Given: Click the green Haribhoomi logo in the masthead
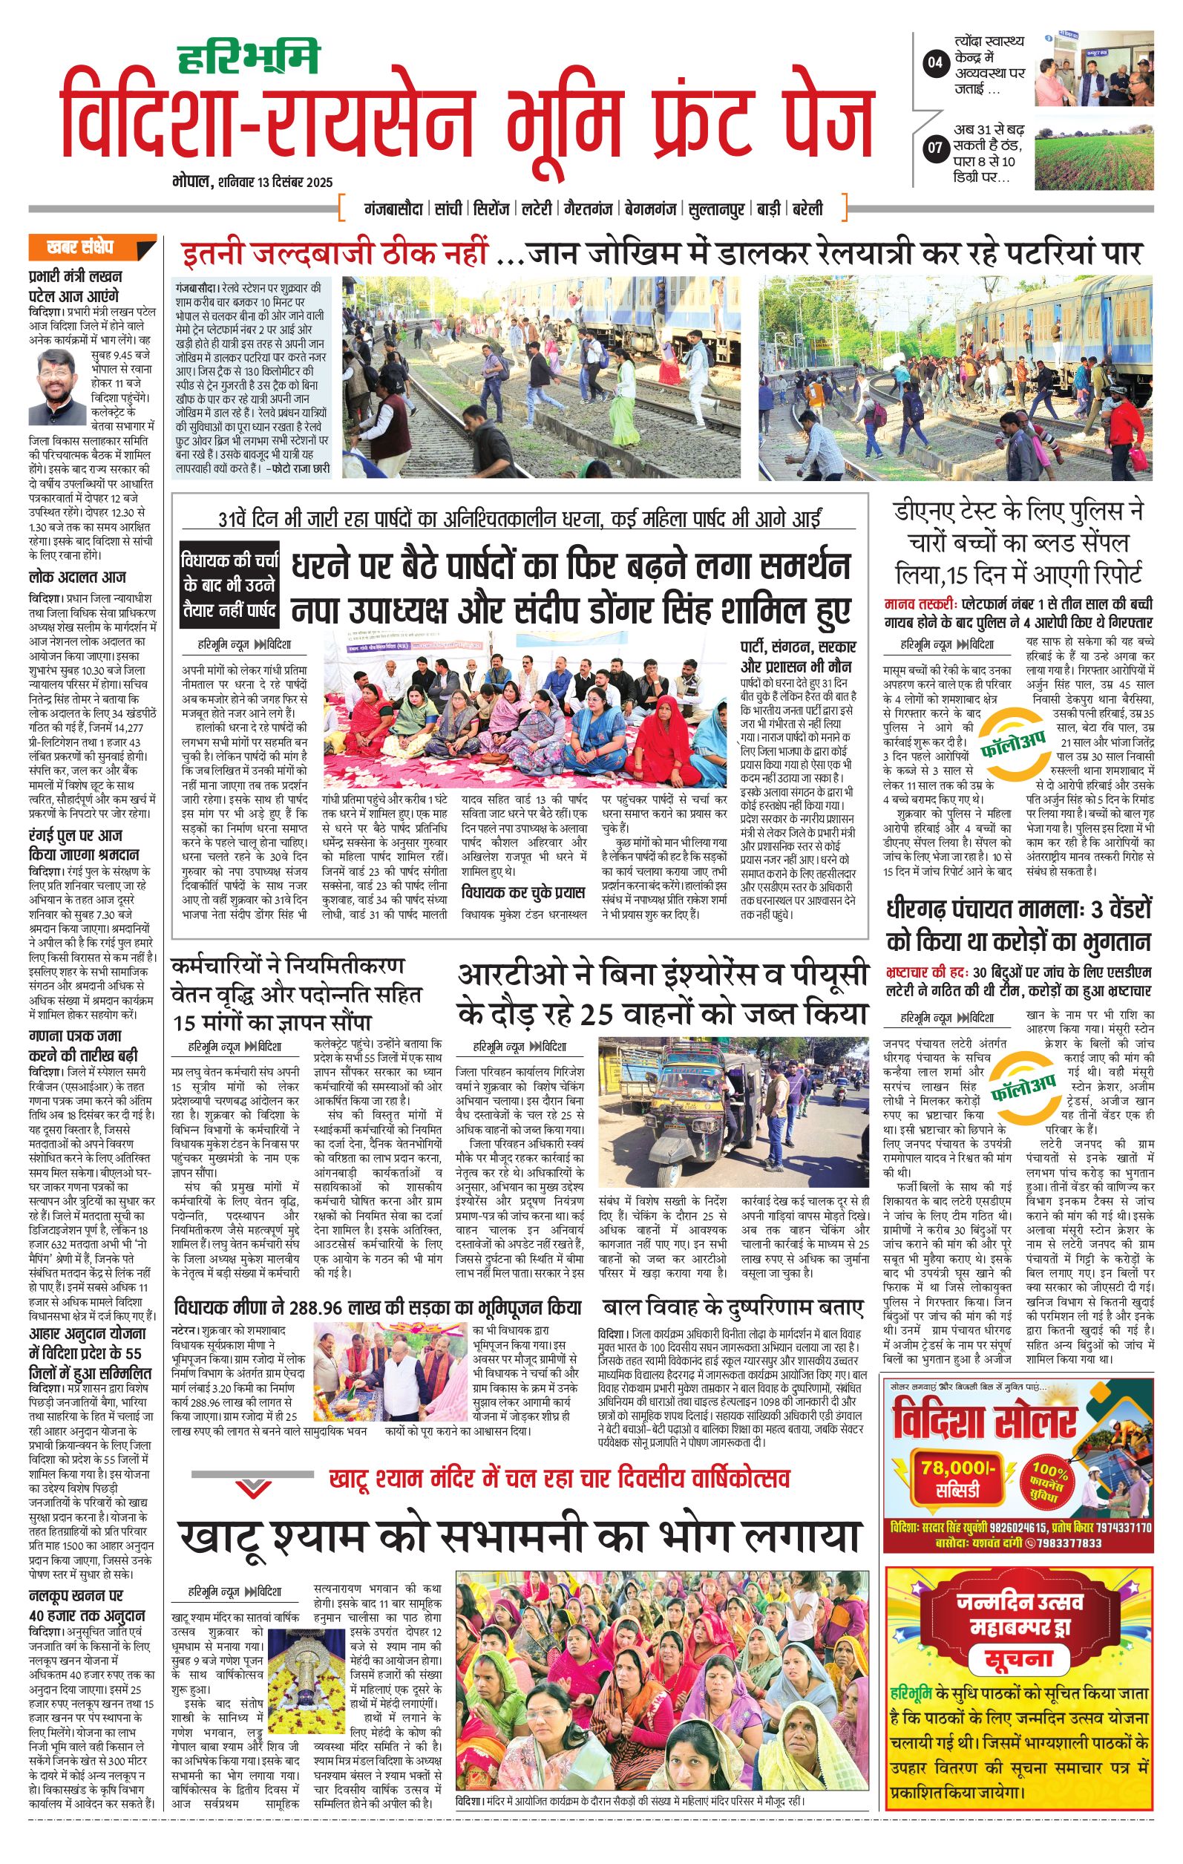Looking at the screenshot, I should coord(248,58).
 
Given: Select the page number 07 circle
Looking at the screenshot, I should coord(935,146).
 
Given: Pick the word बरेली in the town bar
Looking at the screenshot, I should coord(807,209).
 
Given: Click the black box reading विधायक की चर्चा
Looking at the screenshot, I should coord(229,583).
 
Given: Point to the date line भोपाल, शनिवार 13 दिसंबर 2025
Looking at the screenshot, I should coord(252,183).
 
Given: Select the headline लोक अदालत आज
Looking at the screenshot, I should coord(77,577).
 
